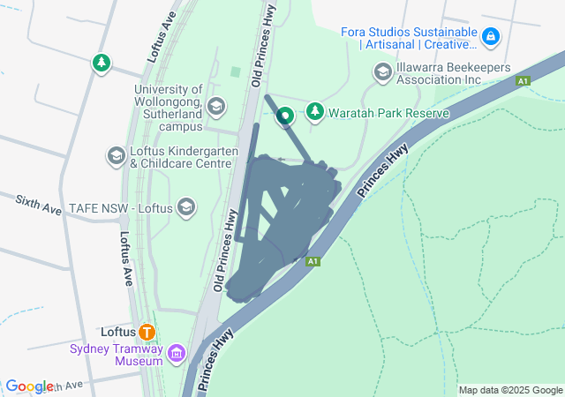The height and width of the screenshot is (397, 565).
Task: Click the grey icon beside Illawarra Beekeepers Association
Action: point(382,71)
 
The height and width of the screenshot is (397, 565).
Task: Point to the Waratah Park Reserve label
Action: point(389,113)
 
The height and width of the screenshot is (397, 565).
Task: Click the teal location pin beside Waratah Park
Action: point(285,115)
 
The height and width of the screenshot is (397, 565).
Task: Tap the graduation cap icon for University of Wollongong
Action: point(215,108)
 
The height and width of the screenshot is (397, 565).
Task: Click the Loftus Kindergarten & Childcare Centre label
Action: point(185,157)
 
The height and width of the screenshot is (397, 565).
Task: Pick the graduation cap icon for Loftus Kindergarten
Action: point(116,156)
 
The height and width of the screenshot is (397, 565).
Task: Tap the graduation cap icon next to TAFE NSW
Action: point(185,207)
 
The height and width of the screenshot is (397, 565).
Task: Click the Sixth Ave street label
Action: point(38,206)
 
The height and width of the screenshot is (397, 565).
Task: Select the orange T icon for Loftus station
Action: point(147,333)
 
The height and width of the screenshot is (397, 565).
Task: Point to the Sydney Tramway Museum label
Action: point(117,354)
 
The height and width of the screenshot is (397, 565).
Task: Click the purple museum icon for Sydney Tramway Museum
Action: point(177,354)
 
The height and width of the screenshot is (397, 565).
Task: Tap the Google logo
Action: point(29,386)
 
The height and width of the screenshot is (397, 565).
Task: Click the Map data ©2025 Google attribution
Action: point(510,390)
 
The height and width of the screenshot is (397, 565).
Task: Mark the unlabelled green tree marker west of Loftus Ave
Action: point(102,64)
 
